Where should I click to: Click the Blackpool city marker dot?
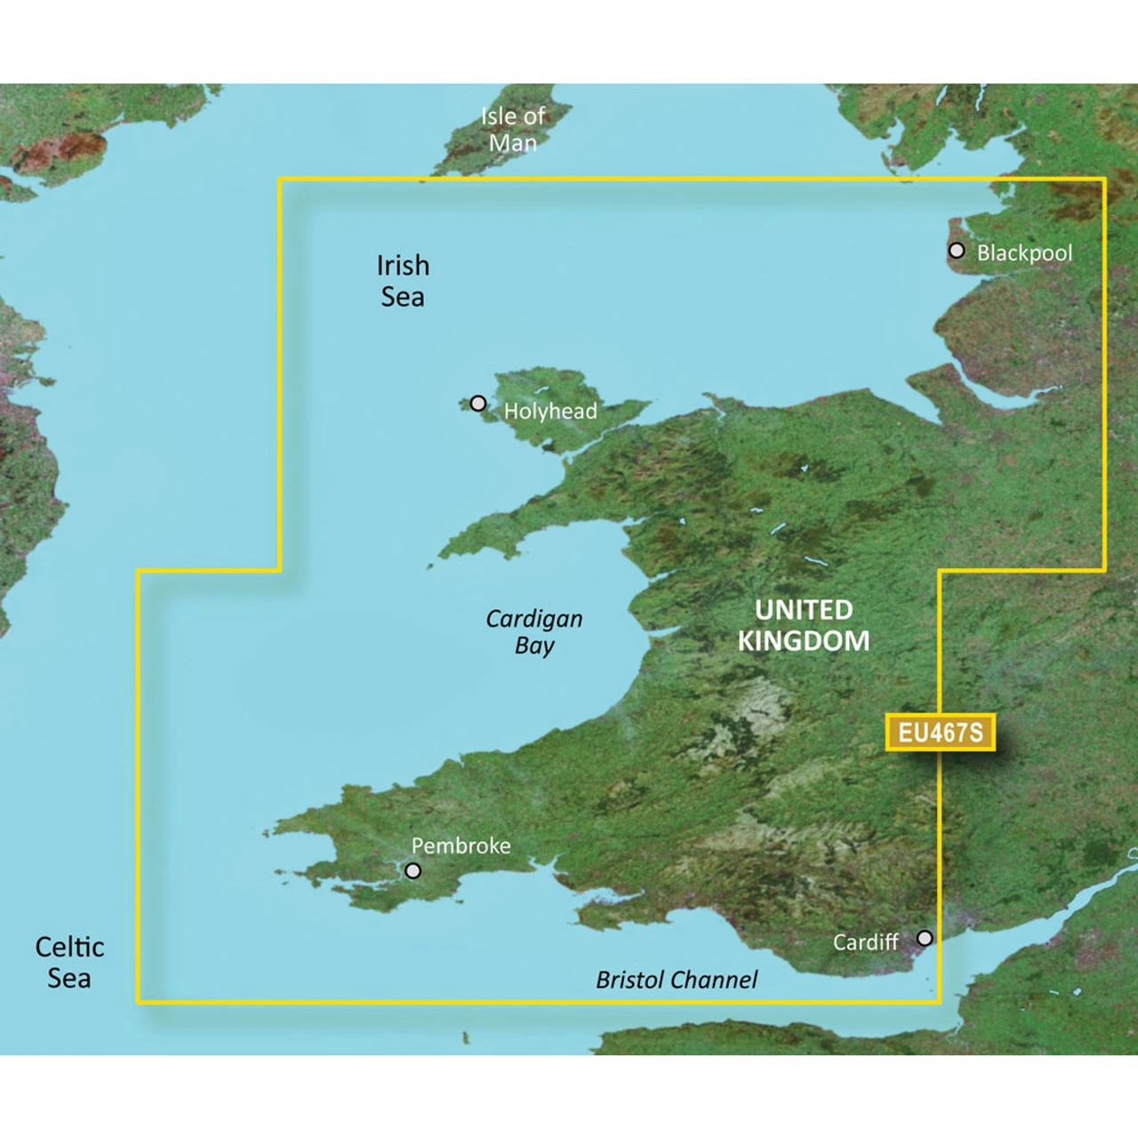956,250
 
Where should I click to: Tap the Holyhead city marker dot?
477,403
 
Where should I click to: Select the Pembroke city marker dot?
413,870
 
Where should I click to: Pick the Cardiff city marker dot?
925,937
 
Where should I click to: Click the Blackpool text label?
1024,252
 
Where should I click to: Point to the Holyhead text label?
550,411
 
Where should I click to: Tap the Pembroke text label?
461,845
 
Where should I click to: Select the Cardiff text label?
865,942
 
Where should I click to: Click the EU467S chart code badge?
940,732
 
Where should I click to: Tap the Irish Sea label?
403,281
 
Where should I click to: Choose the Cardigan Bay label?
533,631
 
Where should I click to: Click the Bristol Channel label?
677,980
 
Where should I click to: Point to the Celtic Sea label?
69,962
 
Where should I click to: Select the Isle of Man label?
513,129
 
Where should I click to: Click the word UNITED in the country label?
804,610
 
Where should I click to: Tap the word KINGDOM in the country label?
804,641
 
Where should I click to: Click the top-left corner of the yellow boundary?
280,180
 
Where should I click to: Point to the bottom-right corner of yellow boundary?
939,1001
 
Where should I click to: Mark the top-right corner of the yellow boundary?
1104,180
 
